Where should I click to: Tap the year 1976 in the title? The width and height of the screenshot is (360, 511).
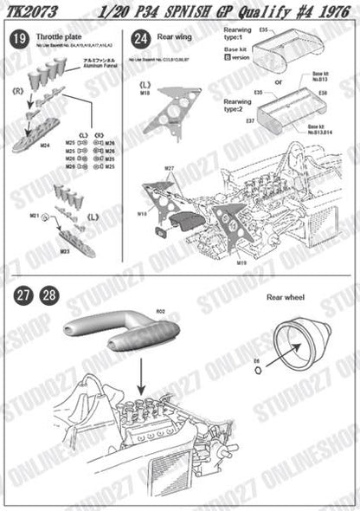(333, 12)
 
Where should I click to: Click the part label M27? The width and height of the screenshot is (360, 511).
(170, 167)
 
